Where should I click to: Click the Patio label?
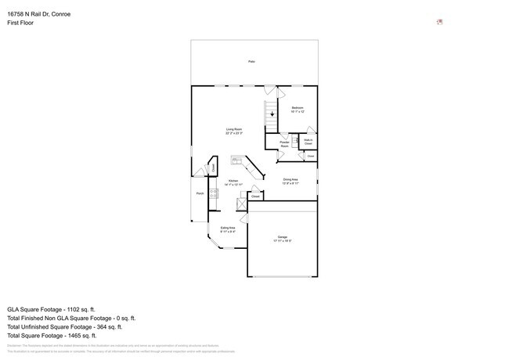pyautogui.click(x=251, y=61)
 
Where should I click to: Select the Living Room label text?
pyautogui.click(x=233, y=131)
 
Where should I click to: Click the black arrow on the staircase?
pyautogui.click(x=272, y=115)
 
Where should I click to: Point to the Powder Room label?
pyautogui.click(x=285, y=144)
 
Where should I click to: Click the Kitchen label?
pyautogui.click(x=233, y=182)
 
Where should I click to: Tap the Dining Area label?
pyautogui.click(x=290, y=181)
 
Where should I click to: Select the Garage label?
pyautogui.click(x=282, y=239)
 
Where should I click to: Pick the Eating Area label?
pyautogui.click(x=227, y=229)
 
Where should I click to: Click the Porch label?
pyautogui.click(x=200, y=193)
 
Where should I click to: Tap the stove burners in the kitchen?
pyautogui.click(x=212, y=193)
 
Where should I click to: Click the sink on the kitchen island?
pyautogui.click(x=236, y=160)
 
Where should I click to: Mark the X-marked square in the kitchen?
pyautogui.click(x=242, y=203)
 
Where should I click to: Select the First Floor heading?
pyautogui.click(x=20, y=23)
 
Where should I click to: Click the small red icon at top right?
pyautogui.click(x=439, y=22)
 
